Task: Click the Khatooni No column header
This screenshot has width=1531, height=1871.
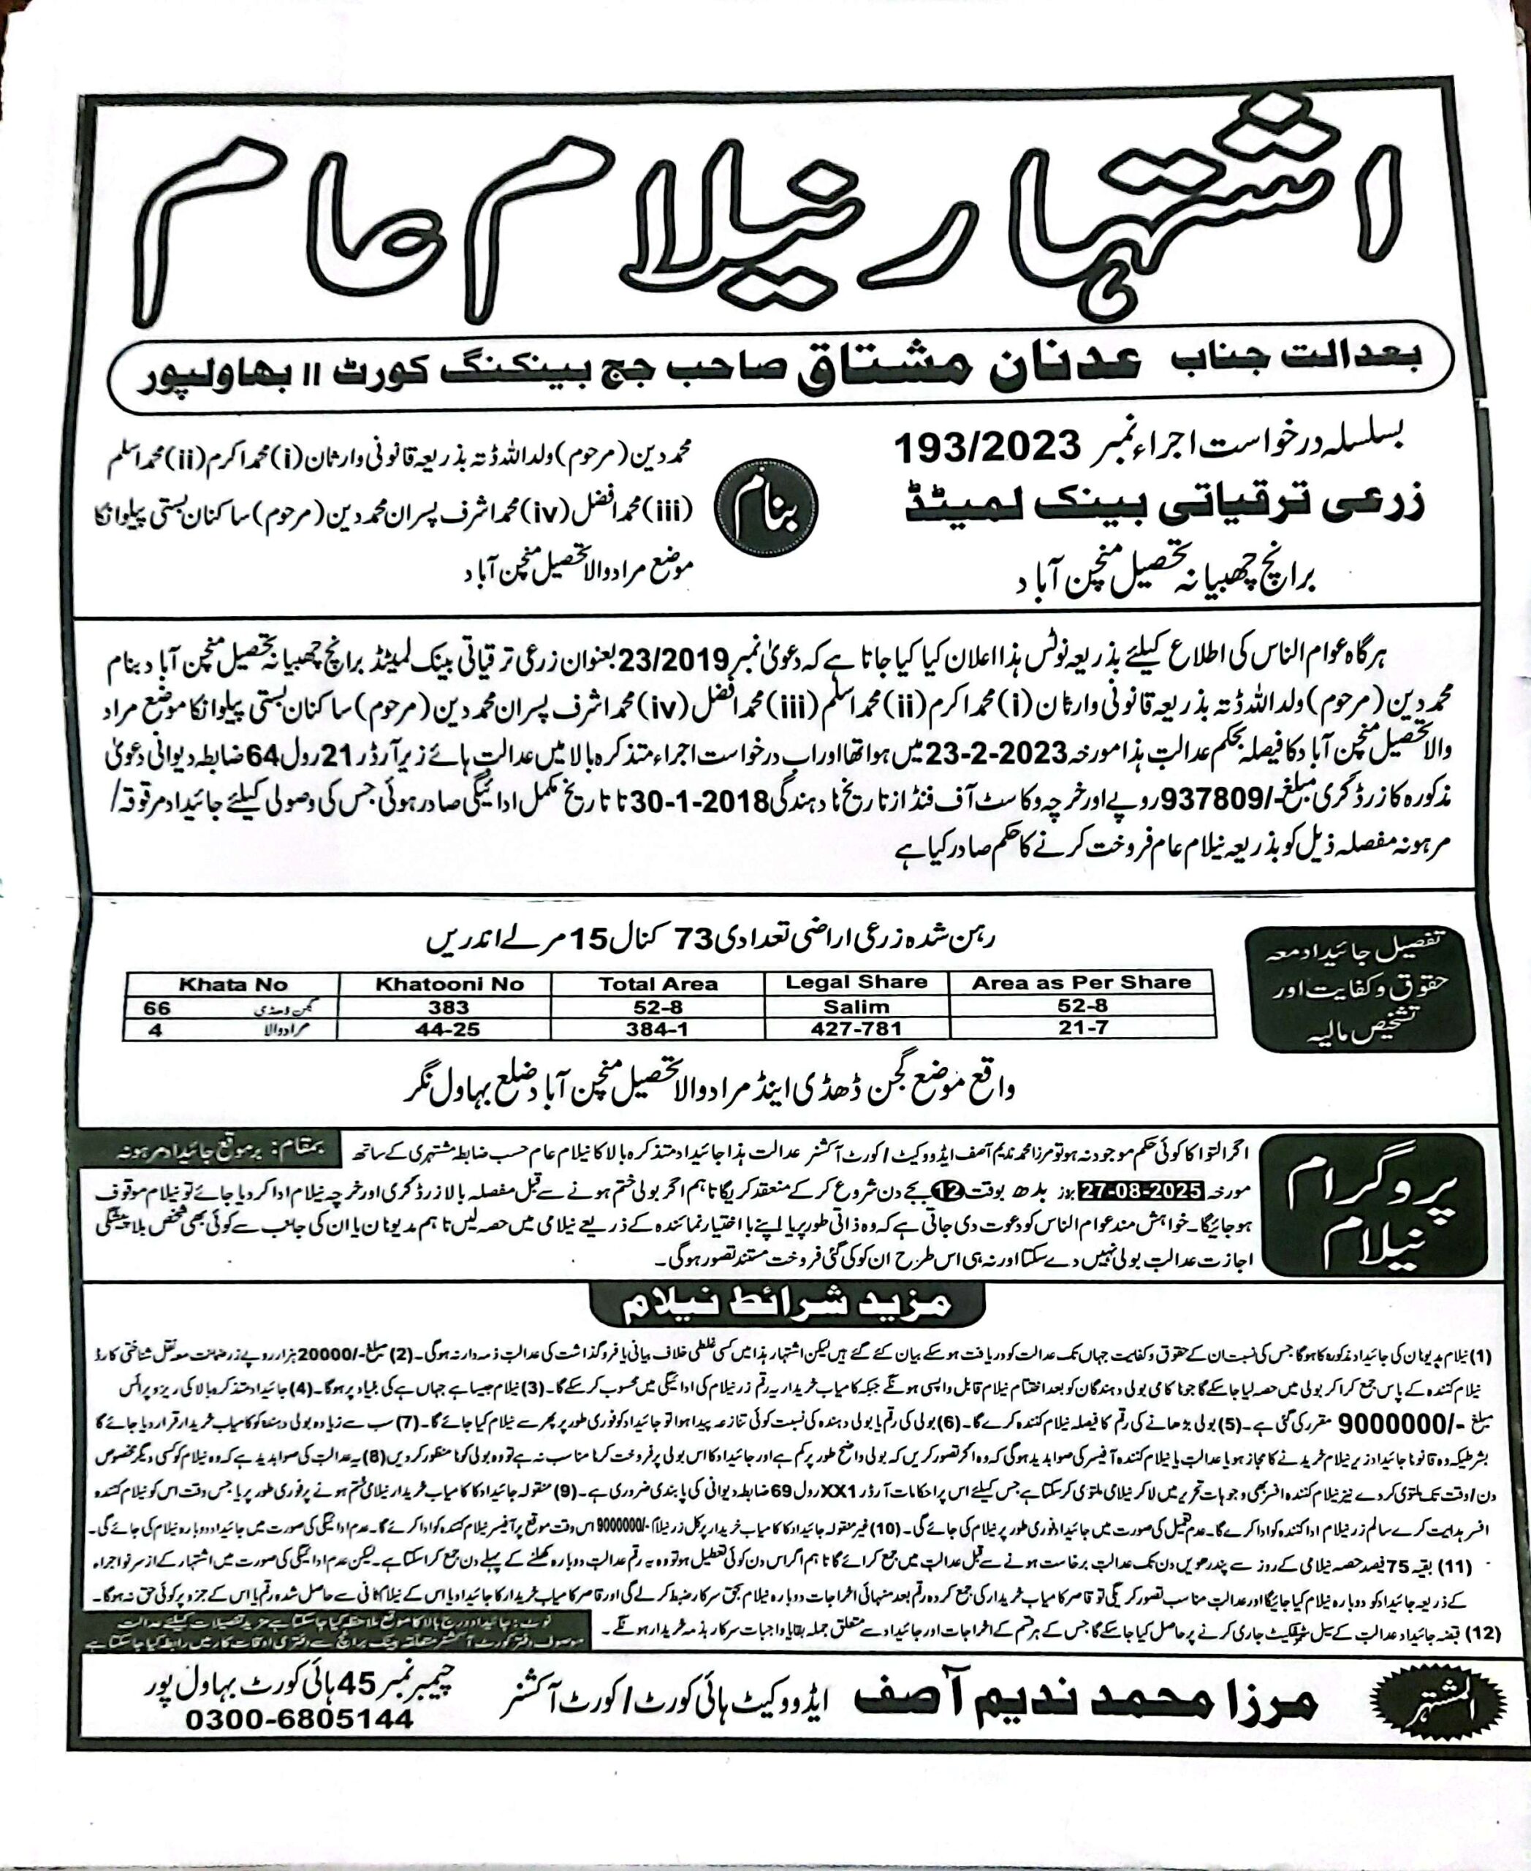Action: [x=449, y=984]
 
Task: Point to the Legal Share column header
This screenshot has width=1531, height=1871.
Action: [x=856, y=982]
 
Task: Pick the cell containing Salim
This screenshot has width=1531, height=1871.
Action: [x=856, y=1006]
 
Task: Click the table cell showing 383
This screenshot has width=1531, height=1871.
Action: [x=449, y=1006]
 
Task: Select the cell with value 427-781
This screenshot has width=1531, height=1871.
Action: [x=856, y=1028]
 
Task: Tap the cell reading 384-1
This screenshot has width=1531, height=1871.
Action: [x=658, y=1028]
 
